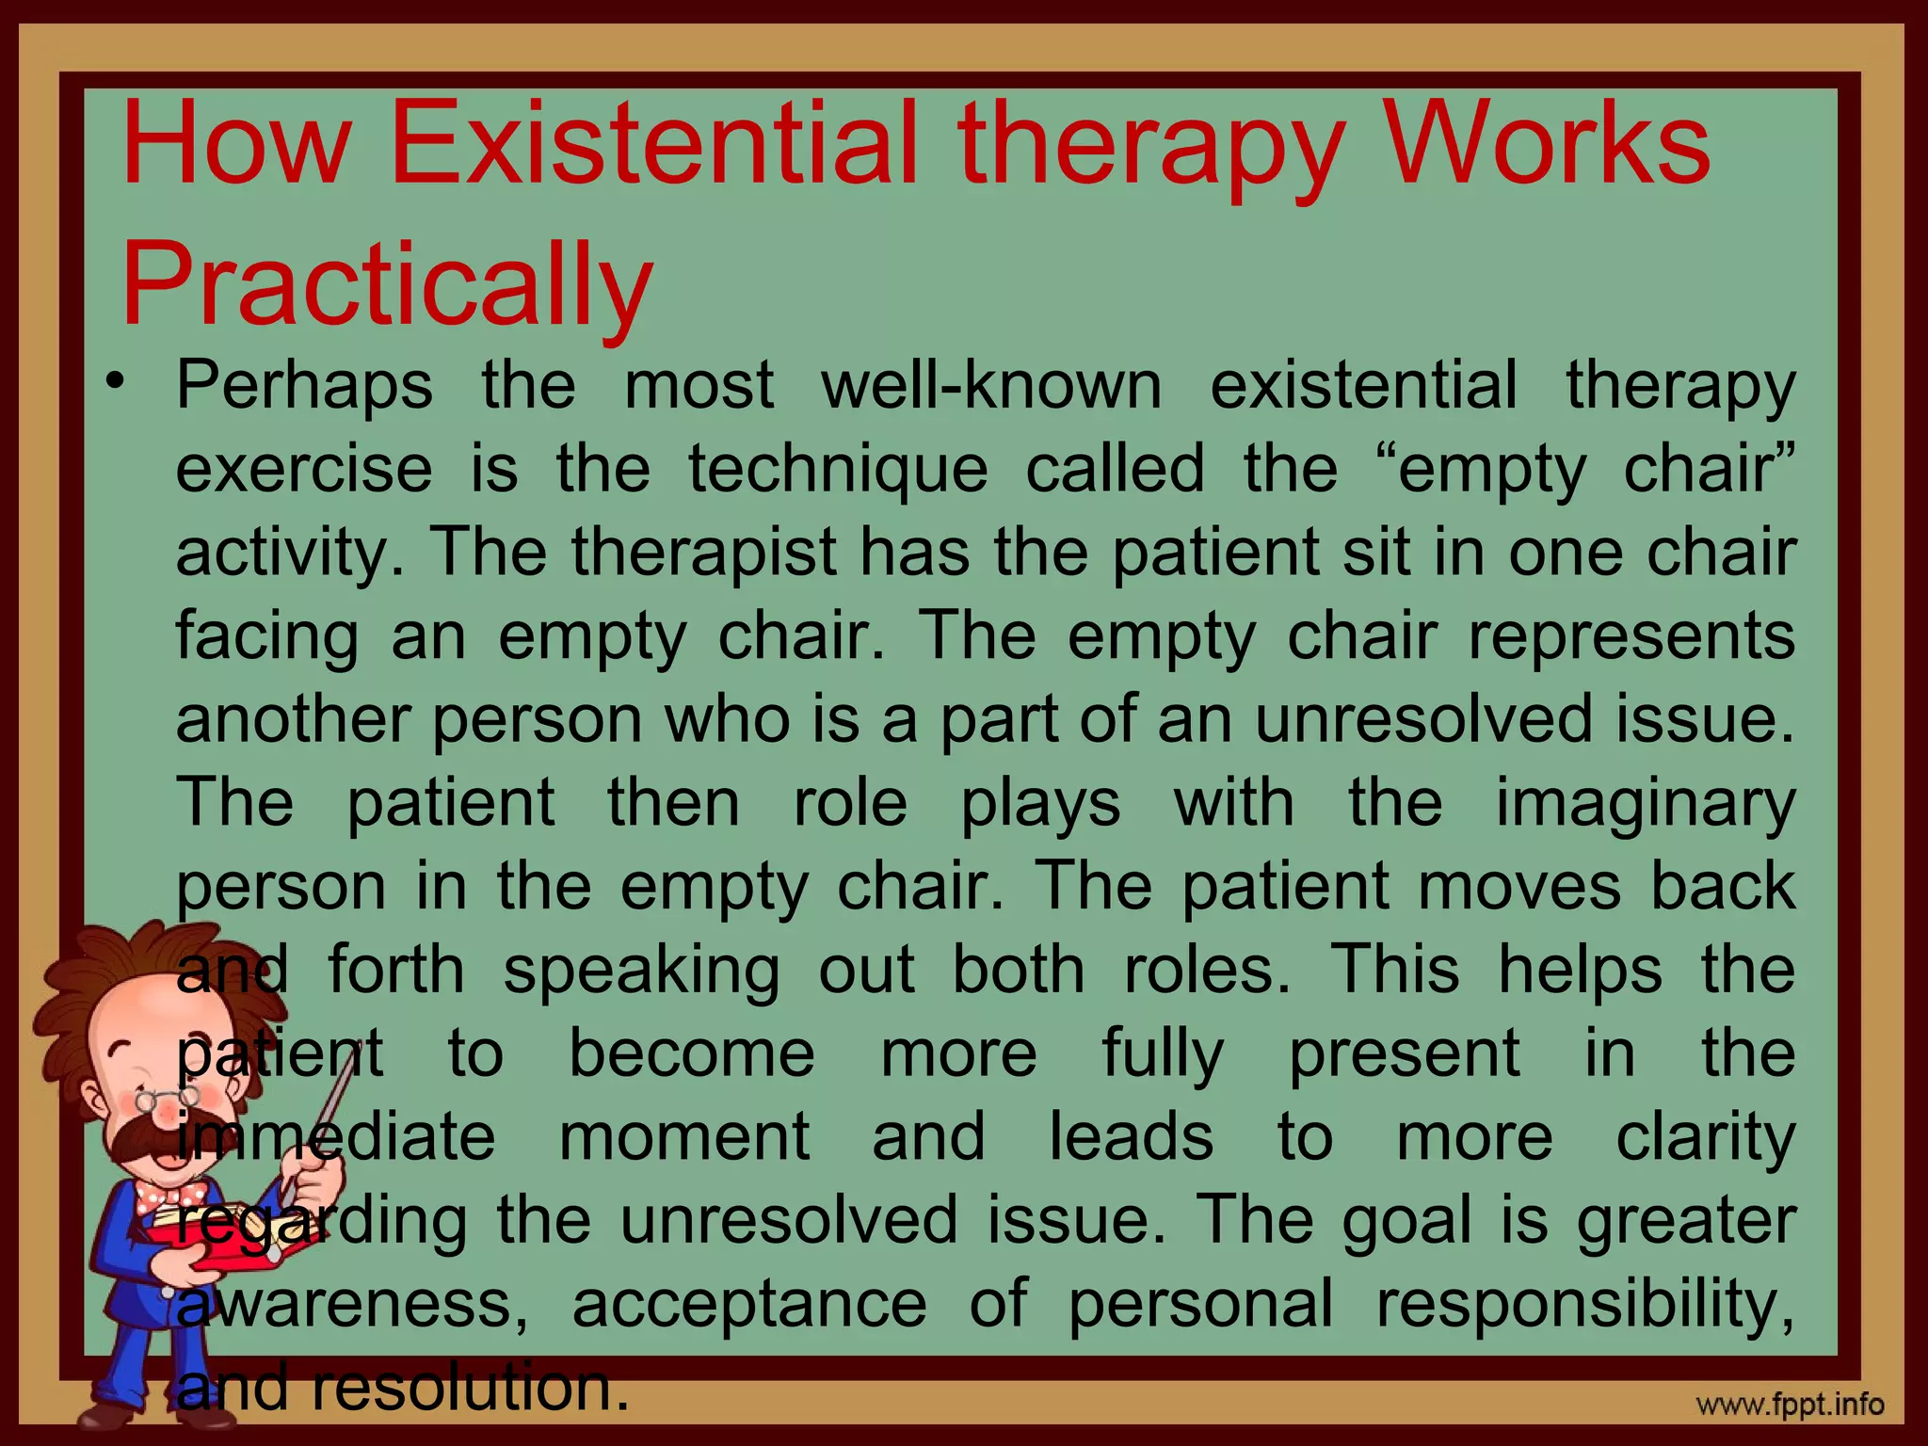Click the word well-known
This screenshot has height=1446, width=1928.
pos(990,385)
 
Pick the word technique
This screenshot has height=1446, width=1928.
pos(838,468)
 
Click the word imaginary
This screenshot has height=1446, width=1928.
pos(1646,803)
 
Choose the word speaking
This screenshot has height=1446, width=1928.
pos(641,970)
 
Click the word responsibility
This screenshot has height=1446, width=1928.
pos(1585,1304)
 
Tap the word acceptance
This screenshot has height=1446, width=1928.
pos(749,1304)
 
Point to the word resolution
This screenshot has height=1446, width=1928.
pos(470,1388)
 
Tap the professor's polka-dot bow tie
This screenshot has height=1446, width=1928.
pos(169,1199)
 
